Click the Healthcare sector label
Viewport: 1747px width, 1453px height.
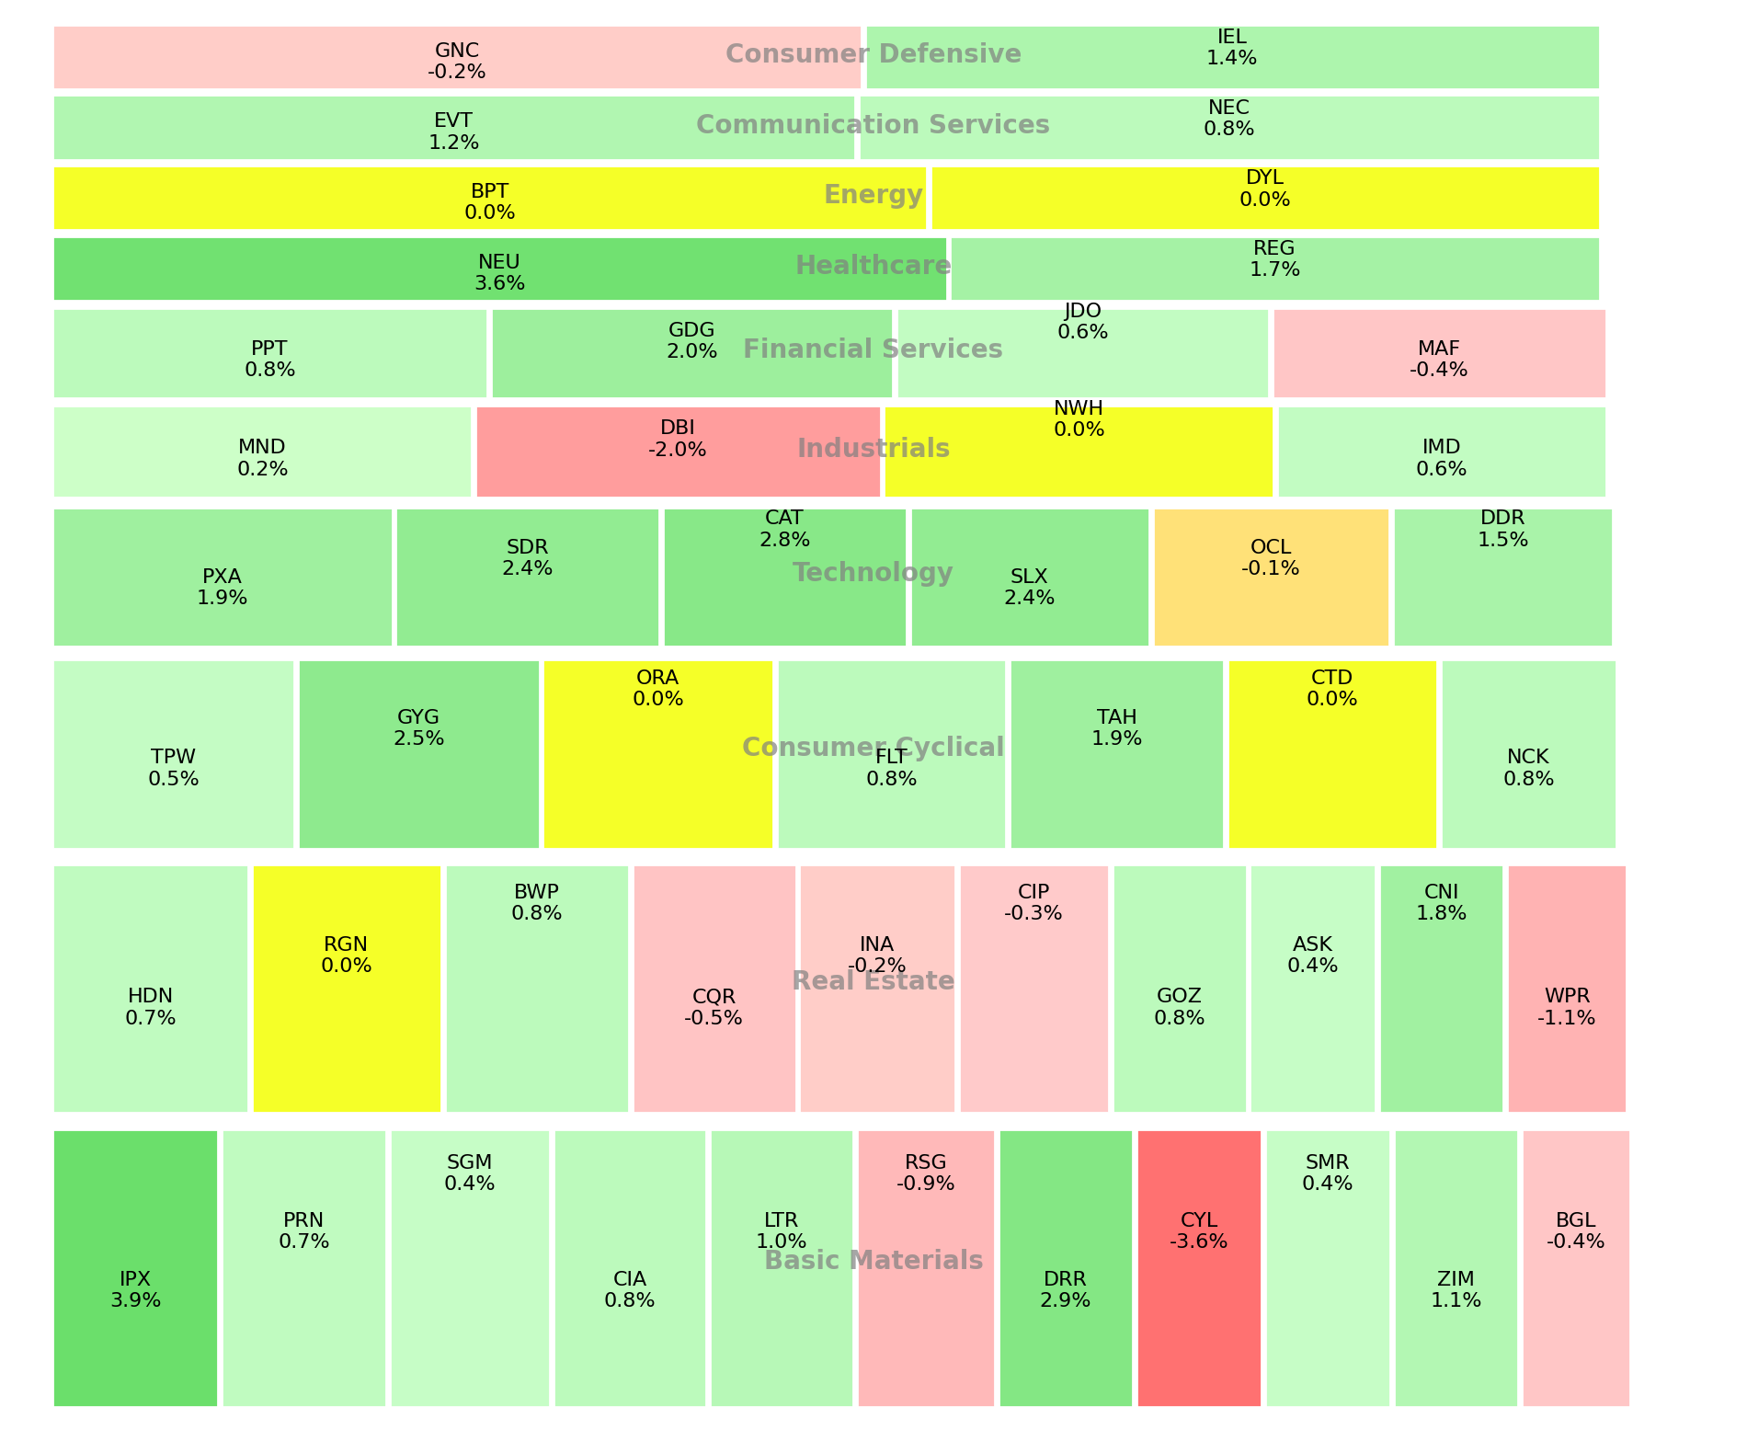[873, 266]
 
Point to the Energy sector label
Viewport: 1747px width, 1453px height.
[873, 195]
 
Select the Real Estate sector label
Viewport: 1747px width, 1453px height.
[873, 981]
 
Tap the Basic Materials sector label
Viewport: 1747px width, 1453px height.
[873, 1260]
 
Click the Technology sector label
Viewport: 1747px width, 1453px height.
[873, 573]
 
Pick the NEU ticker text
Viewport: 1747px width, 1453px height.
[499, 262]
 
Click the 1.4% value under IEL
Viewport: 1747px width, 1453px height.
[1231, 58]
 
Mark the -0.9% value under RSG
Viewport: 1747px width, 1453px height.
[925, 1184]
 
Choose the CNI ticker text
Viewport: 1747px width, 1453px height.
[1441, 892]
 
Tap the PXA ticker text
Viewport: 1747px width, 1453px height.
[222, 577]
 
